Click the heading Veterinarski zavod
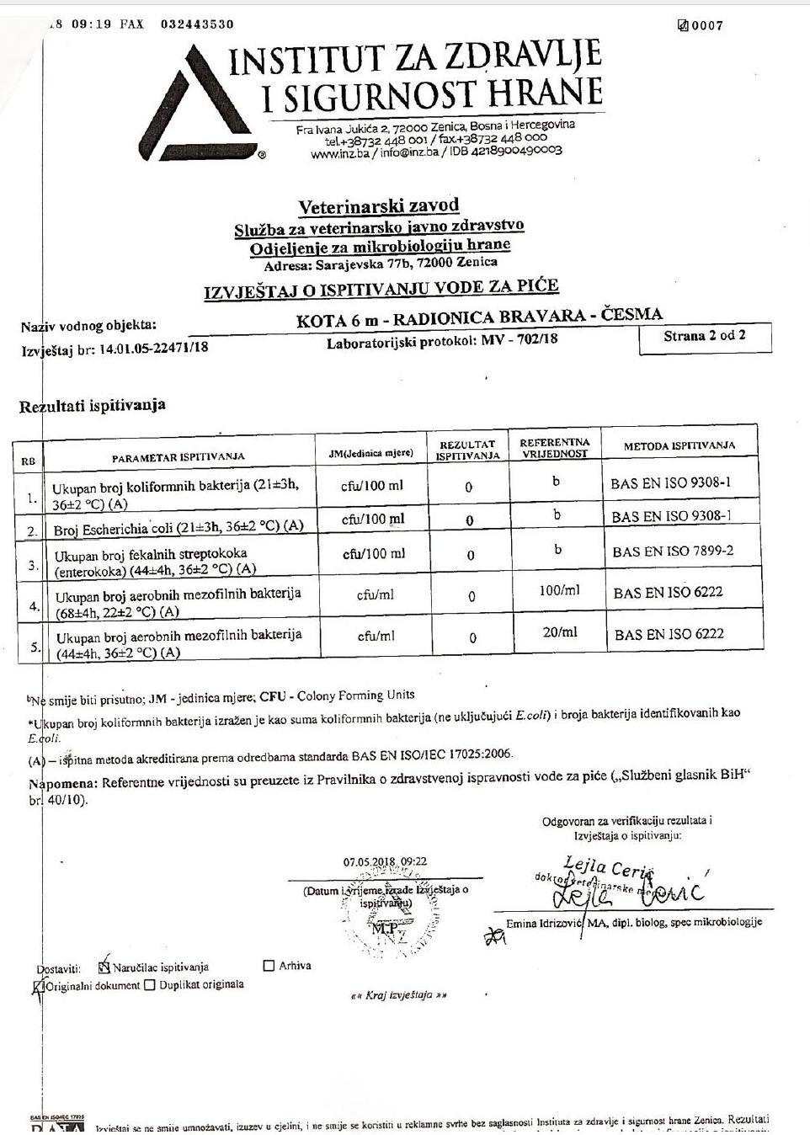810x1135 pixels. (379, 206)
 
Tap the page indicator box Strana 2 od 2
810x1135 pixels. (705, 335)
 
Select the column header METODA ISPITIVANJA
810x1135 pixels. (679, 445)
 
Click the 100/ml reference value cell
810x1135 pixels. (559, 590)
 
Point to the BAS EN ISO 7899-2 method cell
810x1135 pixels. (673, 551)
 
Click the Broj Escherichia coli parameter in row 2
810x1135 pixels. (178, 529)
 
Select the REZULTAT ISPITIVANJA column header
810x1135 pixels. (467, 450)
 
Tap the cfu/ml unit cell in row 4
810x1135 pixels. (375, 594)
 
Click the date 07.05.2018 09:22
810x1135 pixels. (385, 861)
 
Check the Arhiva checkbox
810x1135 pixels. (269, 966)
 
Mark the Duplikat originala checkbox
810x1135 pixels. (150, 985)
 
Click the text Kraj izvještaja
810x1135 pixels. (398, 994)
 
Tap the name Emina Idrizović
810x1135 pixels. (545, 924)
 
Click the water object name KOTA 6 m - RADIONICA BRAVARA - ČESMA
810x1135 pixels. (479, 317)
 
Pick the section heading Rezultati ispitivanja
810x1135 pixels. (93, 406)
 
